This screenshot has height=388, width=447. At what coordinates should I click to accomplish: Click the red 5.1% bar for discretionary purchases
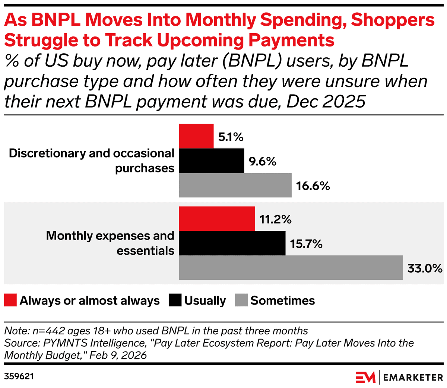coord(196,136)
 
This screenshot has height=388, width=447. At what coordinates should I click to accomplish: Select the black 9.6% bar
coord(212,161)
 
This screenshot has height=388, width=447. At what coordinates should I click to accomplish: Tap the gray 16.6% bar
coord(235,185)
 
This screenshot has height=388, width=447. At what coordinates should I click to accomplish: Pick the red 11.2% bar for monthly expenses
coord(217,219)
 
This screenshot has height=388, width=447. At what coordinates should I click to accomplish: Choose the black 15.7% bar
coord(232,243)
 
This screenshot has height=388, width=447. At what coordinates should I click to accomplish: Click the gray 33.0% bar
coord(291,267)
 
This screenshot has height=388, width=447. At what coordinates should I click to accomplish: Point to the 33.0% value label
coord(425,268)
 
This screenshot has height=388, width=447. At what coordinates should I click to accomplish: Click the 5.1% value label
coord(231,137)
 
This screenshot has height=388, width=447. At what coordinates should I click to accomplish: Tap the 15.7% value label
coord(306,244)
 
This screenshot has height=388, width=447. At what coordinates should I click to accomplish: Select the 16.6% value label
coord(313,186)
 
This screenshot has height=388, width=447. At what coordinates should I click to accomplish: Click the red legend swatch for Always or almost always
coord(10,300)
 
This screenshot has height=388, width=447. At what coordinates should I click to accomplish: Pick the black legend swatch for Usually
coord(175,300)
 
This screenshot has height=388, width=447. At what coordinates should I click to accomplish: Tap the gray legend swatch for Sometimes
coord(241,300)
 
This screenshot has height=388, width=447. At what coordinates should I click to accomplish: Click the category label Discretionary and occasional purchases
coord(92,160)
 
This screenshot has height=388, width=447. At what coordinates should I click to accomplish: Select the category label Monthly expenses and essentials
coord(110,243)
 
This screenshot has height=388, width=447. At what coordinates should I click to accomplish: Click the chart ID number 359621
coord(19,376)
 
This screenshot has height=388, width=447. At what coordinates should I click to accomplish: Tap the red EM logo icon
coord(365,377)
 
